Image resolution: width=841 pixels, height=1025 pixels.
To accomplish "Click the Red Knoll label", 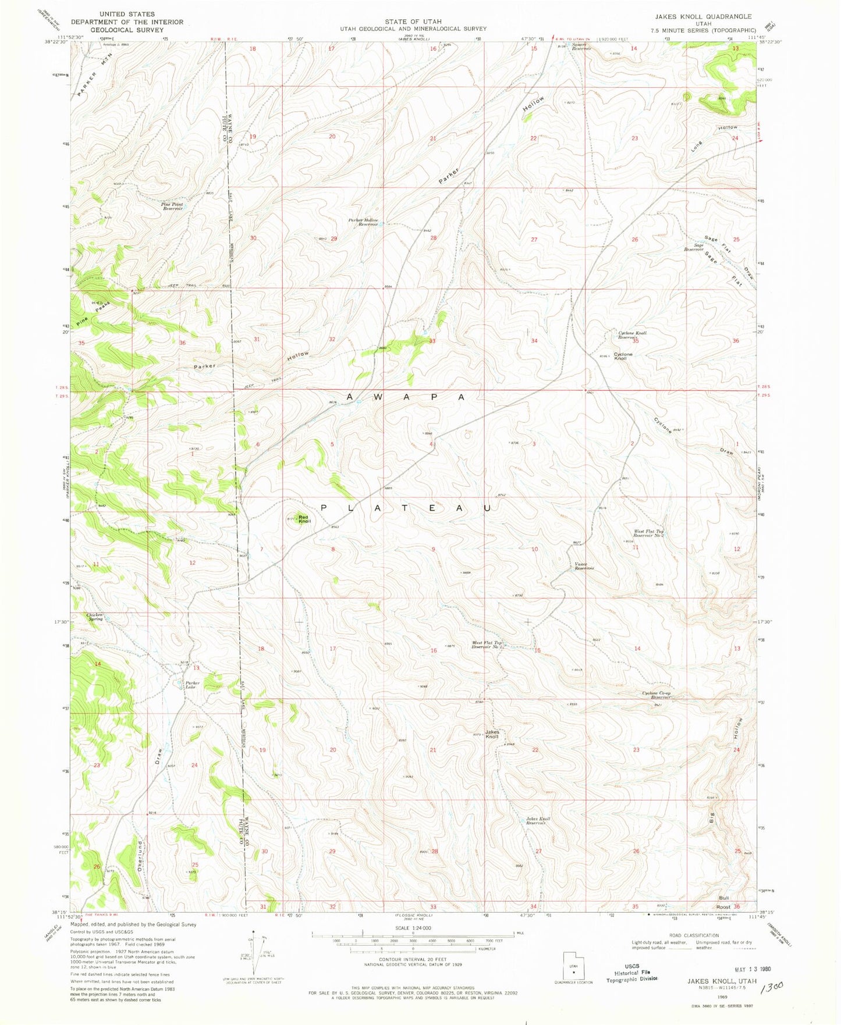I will tap(304, 519).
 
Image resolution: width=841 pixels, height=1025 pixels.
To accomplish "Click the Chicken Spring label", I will tap(95, 617).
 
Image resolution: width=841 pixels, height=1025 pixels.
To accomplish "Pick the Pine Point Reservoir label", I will tap(172, 206).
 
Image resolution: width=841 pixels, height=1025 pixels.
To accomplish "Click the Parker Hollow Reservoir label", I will tap(363, 222).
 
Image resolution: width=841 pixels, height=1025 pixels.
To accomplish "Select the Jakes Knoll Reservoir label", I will tap(538, 821).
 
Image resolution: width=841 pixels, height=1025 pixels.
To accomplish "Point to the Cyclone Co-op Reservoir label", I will tap(657, 695).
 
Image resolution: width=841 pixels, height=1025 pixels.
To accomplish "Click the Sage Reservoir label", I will tap(694, 247).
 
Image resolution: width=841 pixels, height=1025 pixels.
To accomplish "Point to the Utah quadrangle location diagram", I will tap(573, 967).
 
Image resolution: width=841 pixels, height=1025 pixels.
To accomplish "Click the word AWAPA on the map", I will tap(406, 397).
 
